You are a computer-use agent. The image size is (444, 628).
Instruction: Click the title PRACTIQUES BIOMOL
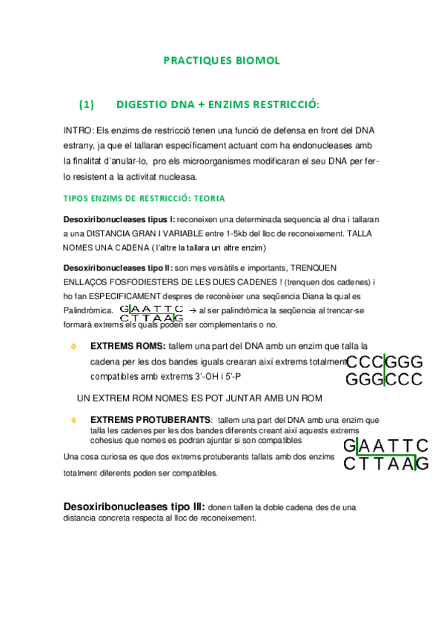coord(222,61)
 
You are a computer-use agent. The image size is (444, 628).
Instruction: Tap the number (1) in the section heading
coord(87,104)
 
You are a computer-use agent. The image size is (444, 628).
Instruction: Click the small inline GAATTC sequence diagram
coord(151,313)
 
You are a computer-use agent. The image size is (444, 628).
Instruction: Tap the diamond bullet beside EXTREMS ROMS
coord(73,345)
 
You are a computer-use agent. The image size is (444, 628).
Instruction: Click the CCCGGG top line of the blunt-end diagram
coord(383,362)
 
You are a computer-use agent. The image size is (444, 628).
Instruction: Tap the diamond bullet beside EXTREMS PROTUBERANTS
coord(73,420)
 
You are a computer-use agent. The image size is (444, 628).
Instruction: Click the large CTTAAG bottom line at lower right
coord(385,464)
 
